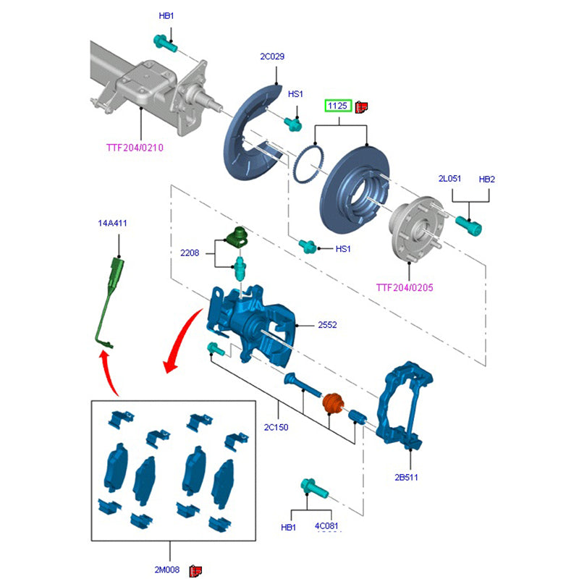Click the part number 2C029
[x=273, y=56]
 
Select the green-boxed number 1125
[x=337, y=106]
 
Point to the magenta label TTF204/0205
[x=405, y=287]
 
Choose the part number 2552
[x=327, y=325]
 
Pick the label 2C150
[x=276, y=427]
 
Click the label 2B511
[x=406, y=477]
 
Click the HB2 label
[x=487, y=178]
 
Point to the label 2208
[x=190, y=253]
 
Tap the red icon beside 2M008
[x=195, y=571]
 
